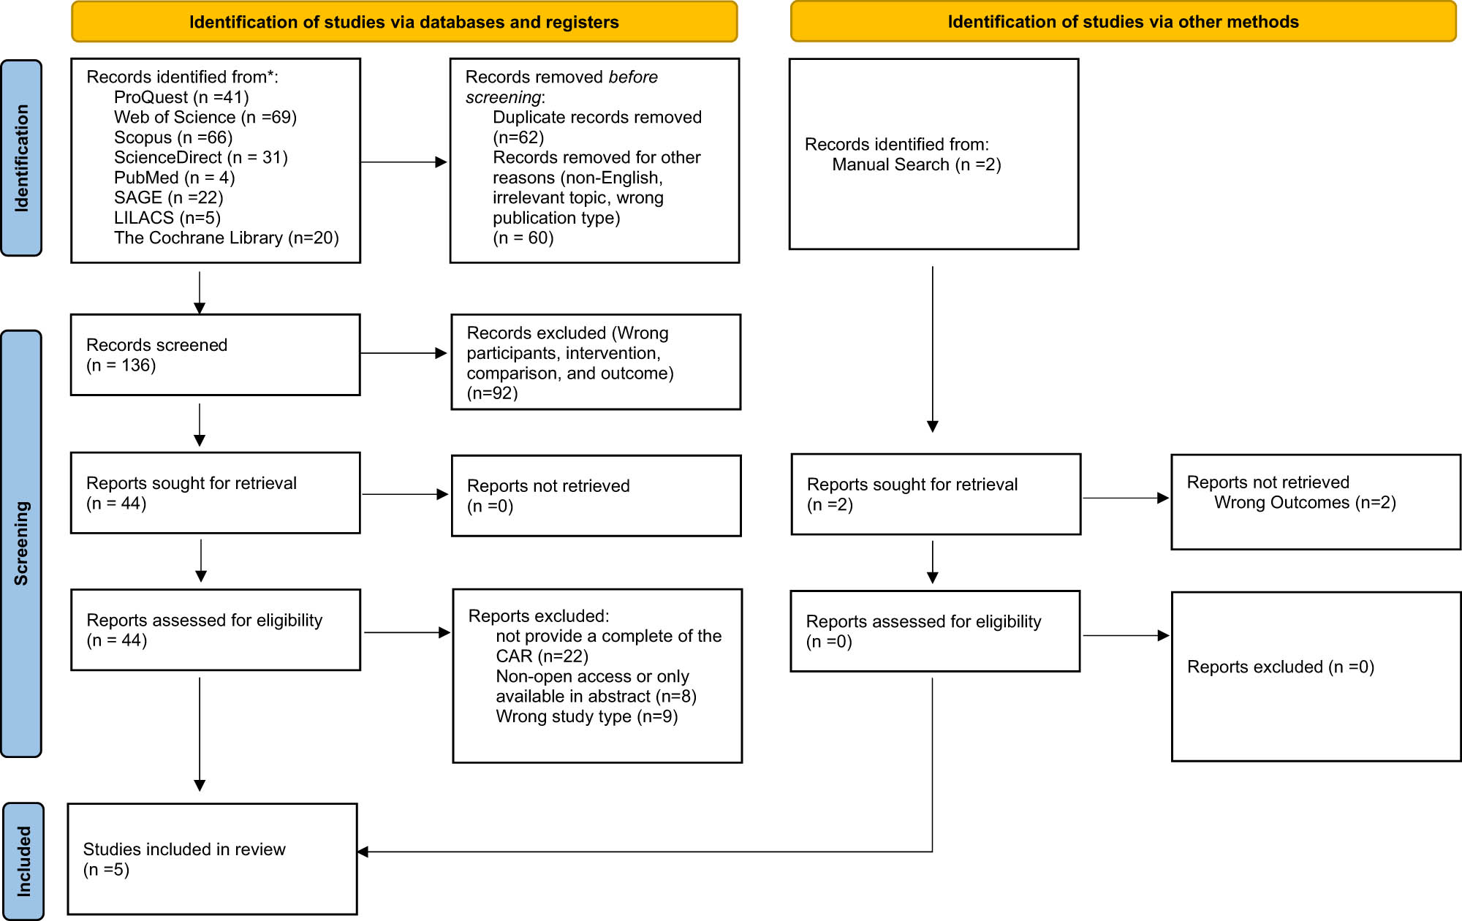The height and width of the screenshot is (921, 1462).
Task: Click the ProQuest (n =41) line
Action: tap(181, 97)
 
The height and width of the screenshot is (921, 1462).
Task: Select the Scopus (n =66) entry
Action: tap(173, 137)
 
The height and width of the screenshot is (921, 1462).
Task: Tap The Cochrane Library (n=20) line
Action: tap(226, 238)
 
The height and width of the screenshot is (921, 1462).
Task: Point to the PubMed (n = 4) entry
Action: tap(174, 178)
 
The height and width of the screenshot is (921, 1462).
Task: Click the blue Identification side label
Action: tap(21, 158)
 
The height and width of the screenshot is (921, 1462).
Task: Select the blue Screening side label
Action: tap(21, 543)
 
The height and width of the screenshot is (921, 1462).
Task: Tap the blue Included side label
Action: tap(23, 861)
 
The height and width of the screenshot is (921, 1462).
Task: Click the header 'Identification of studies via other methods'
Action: tap(1123, 22)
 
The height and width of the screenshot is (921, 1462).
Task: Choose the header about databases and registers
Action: tap(404, 22)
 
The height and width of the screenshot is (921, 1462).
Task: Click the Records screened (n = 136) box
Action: tap(215, 355)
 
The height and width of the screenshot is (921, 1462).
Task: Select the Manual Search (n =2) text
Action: tap(916, 164)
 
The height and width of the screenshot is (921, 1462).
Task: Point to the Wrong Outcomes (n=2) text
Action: tap(1305, 503)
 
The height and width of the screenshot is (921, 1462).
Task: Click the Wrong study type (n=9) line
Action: tap(586, 716)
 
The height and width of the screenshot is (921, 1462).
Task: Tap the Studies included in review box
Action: tap(212, 859)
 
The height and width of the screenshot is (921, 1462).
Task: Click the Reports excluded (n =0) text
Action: tap(1280, 667)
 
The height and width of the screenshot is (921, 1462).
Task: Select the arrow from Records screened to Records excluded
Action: tap(404, 353)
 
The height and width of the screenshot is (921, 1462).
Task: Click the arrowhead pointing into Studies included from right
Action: tap(363, 852)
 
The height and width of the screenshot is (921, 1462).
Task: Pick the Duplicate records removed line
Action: tap(596, 118)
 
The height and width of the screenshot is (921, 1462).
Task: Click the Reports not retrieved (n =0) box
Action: tap(596, 496)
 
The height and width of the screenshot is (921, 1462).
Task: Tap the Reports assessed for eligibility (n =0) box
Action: tap(935, 631)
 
